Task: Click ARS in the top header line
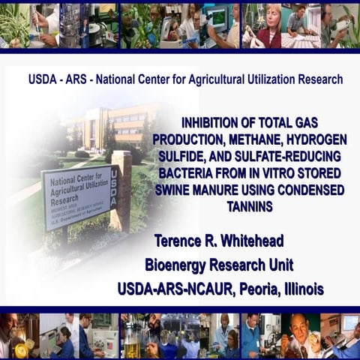pos(77,79)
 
